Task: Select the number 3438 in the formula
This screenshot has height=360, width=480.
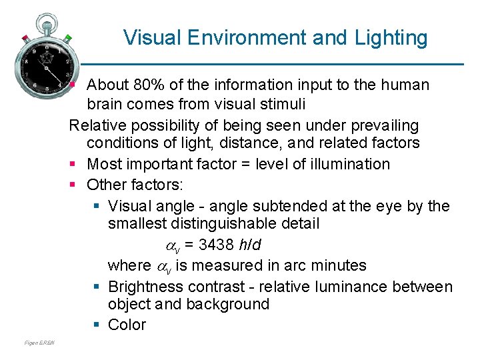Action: [x=211, y=245]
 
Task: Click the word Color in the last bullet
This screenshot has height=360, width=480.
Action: [x=127, y=325]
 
